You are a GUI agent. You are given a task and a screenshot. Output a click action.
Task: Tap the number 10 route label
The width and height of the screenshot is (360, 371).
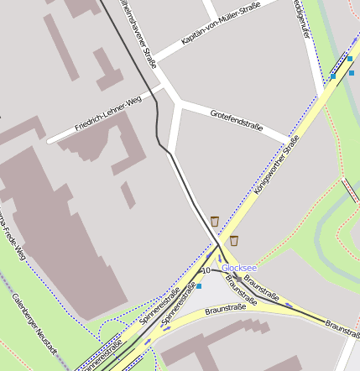tap(206, 270)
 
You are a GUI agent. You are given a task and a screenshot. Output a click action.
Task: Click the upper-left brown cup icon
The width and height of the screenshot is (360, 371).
tap(215, 221)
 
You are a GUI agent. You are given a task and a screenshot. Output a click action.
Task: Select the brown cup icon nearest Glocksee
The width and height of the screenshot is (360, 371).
tap(233, 241)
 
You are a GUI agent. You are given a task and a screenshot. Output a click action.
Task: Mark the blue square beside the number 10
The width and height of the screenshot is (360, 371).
tap(199, 286)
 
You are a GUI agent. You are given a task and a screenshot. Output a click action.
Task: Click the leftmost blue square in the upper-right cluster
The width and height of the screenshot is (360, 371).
tap(333, 76)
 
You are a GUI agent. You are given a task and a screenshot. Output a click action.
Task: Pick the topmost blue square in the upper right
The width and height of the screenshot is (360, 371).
tap(349, 59)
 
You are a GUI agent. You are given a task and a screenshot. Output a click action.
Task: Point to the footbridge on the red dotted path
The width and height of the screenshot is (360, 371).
tap(349, 189)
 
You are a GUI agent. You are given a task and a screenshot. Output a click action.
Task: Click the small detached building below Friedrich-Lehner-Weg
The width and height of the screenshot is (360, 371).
tap(128, 195)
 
